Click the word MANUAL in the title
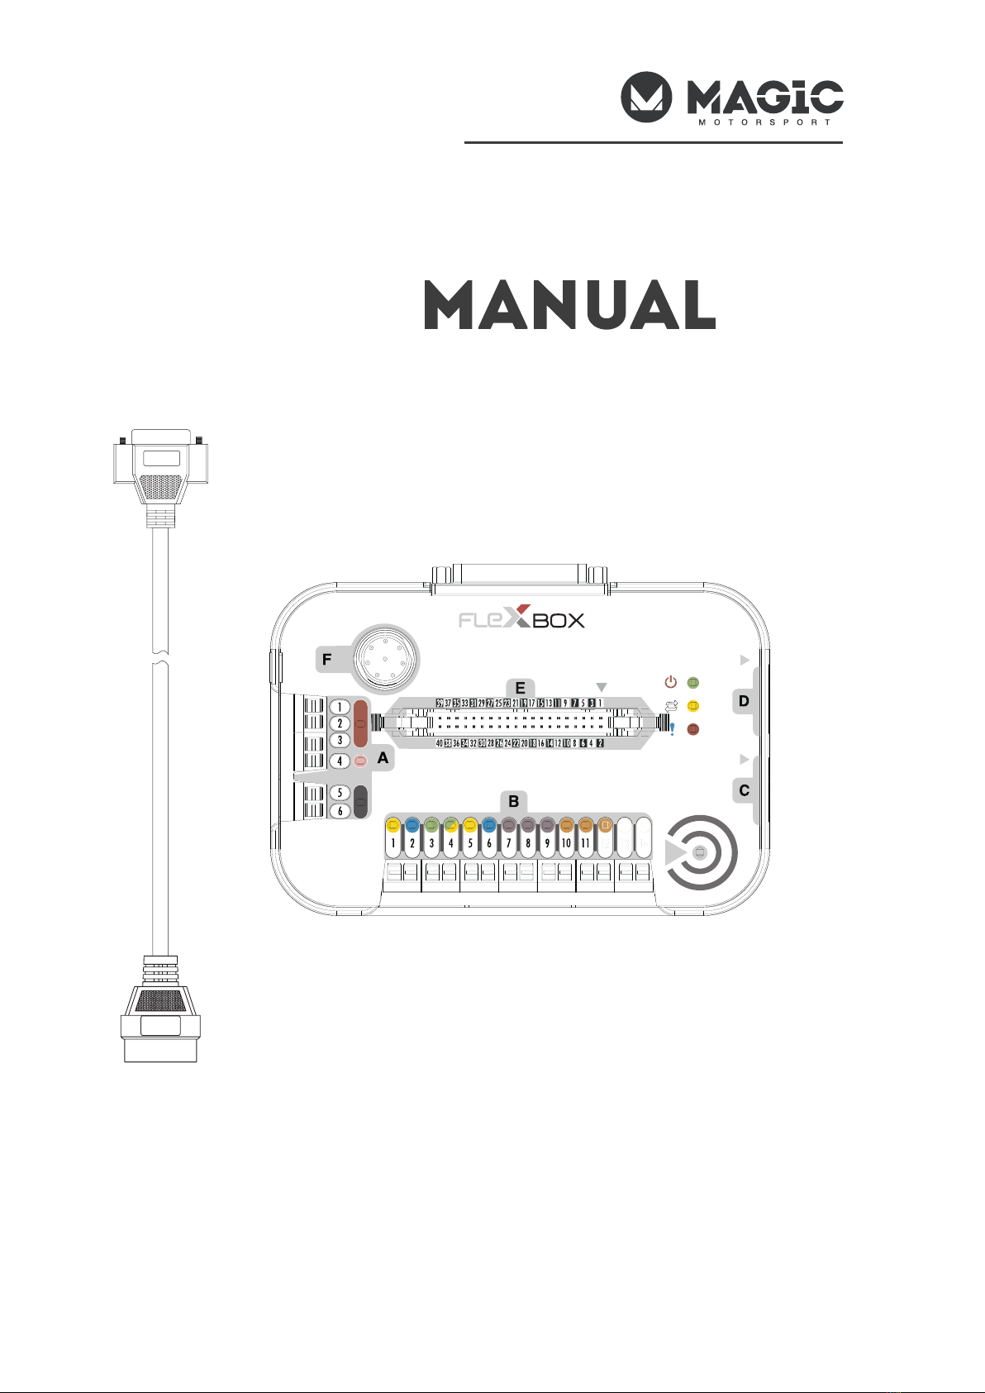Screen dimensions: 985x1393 (x=569, y=305)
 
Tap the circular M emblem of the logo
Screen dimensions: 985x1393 (x=646, y=97)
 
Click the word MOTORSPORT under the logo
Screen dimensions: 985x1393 (x=764, y=122)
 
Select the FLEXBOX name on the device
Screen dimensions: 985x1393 (x=521, y=619)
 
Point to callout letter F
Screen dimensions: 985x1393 (x=327, y=660)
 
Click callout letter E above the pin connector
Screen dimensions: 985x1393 (x=520, y=688)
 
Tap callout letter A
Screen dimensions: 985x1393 (x=383, y=757)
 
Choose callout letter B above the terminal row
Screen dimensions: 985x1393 (x=513, y=801)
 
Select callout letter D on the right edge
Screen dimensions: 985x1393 (x=744, y=701)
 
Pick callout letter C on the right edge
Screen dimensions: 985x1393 (x=744, y=790)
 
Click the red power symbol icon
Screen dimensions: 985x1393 (x=671, y=682)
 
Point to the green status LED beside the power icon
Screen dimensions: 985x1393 (x=693, y=683)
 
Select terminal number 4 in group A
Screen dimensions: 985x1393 (x=340, y=761)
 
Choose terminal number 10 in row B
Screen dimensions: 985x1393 (x=566, y=843)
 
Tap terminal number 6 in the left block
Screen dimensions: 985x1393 (x=340, y=811)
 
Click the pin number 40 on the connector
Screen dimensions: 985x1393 (x=440, y=743)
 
